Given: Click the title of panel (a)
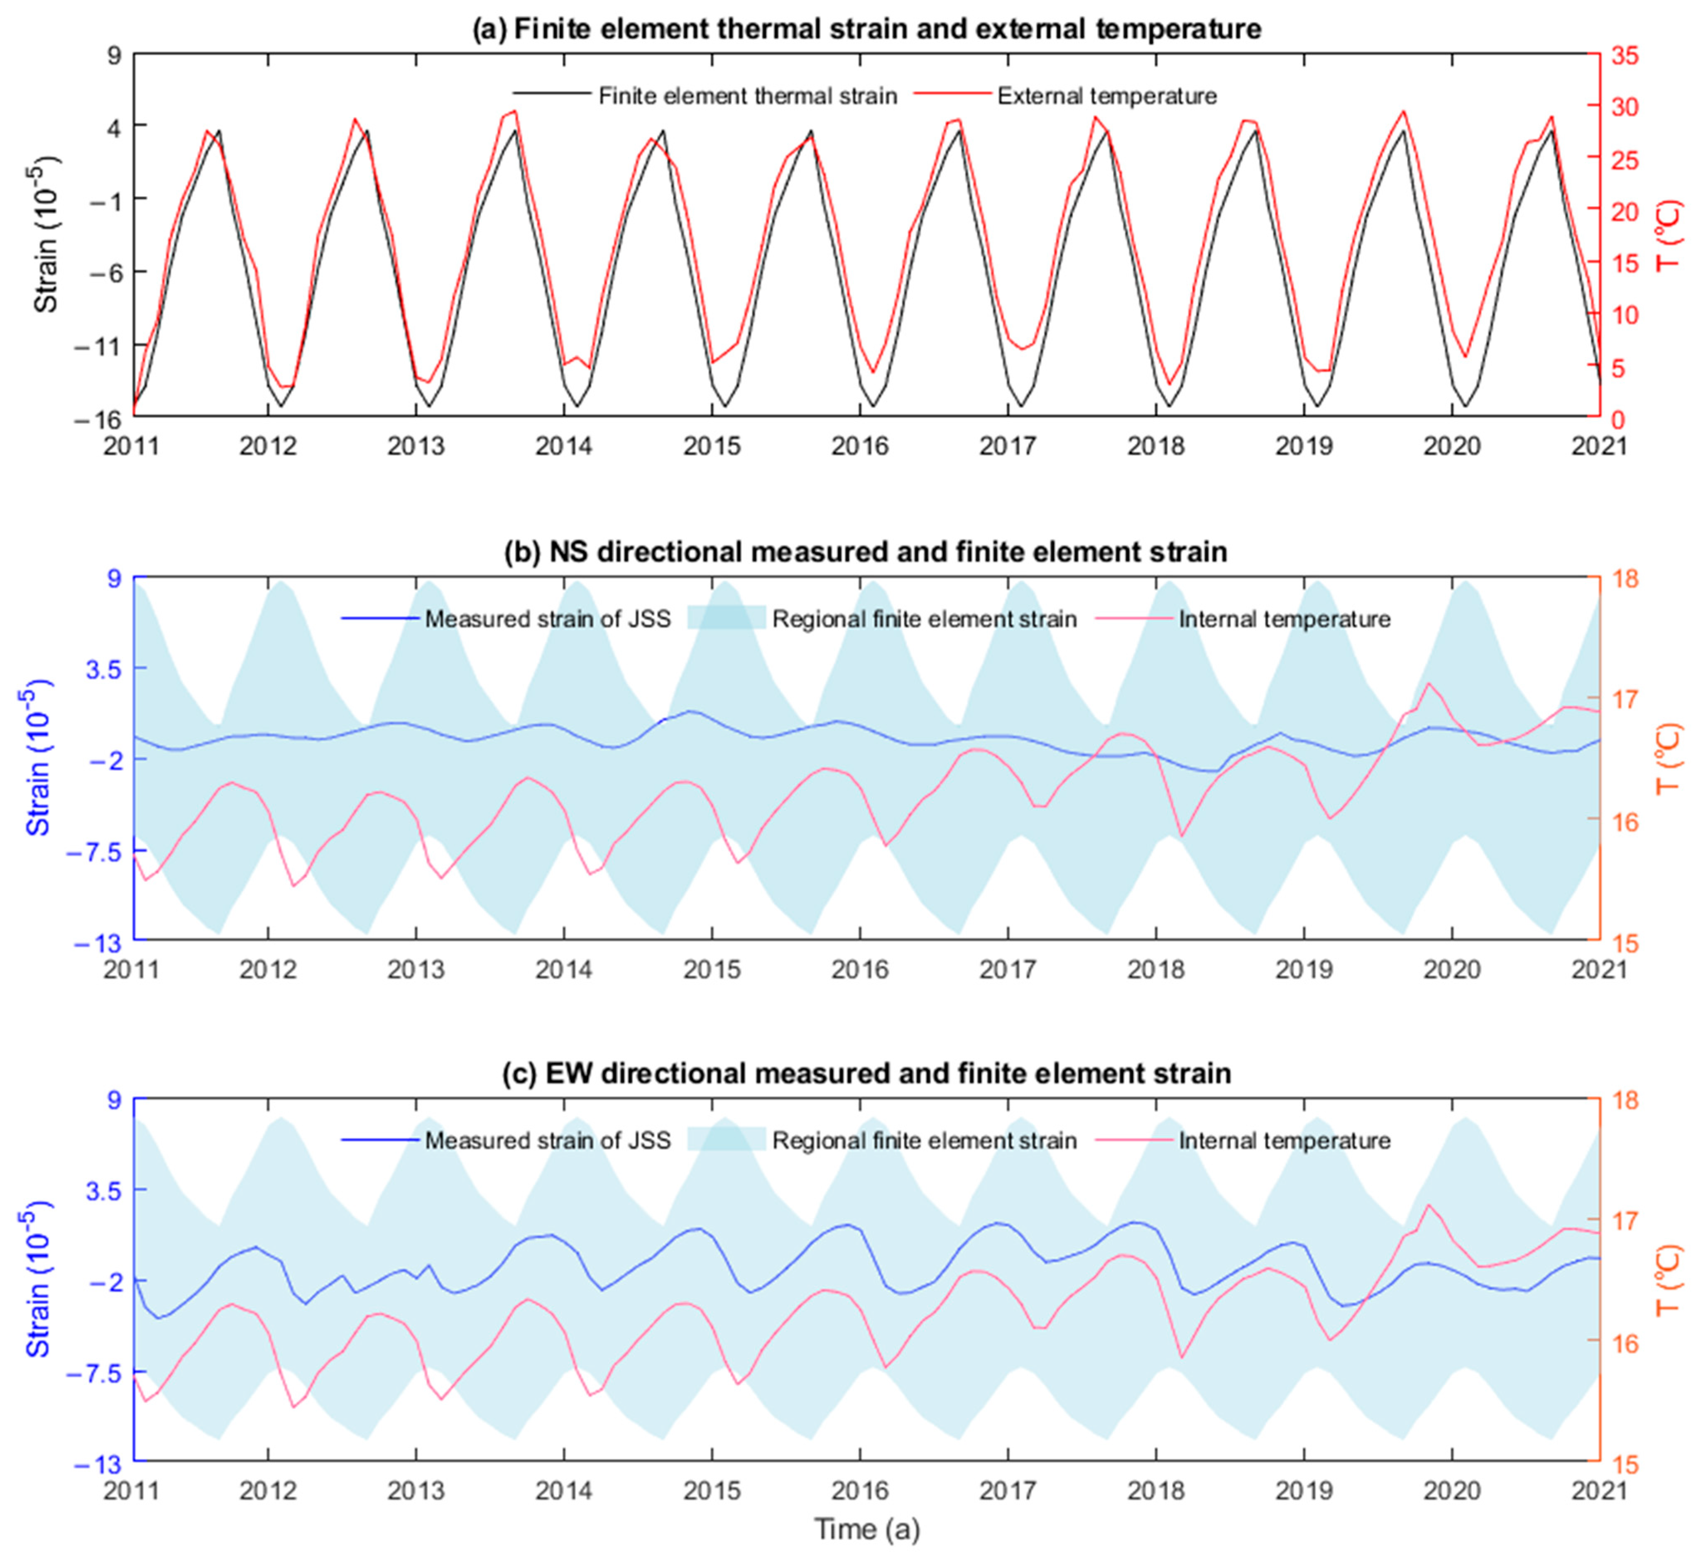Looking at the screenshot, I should pyautogui.click(x=866, y=29).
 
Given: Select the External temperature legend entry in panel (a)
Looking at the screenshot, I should pyautogui.click(x=1106, y=96).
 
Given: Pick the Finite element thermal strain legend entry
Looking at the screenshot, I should pyautogui.click(x=747, y=96).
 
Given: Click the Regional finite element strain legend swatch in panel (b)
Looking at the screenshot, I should pyautogui.click(x=727, y=619).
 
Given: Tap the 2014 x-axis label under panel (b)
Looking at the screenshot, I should pyautogui.click(x=563, y=969).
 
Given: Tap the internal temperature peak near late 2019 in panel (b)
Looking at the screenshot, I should pyautogui.click(x=1428, y=684).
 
